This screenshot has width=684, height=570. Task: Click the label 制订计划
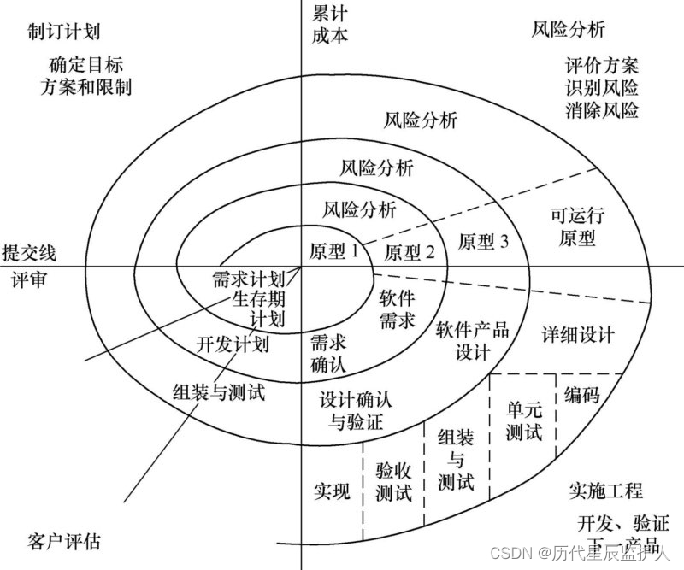64,32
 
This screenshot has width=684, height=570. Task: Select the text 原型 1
333,250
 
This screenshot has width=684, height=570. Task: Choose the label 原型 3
484,242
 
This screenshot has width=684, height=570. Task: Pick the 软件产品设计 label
473,339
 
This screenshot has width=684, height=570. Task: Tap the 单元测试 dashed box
523,419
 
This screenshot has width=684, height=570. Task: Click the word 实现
332,491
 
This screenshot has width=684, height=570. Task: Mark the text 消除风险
602,110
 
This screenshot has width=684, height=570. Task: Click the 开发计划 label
233,344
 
